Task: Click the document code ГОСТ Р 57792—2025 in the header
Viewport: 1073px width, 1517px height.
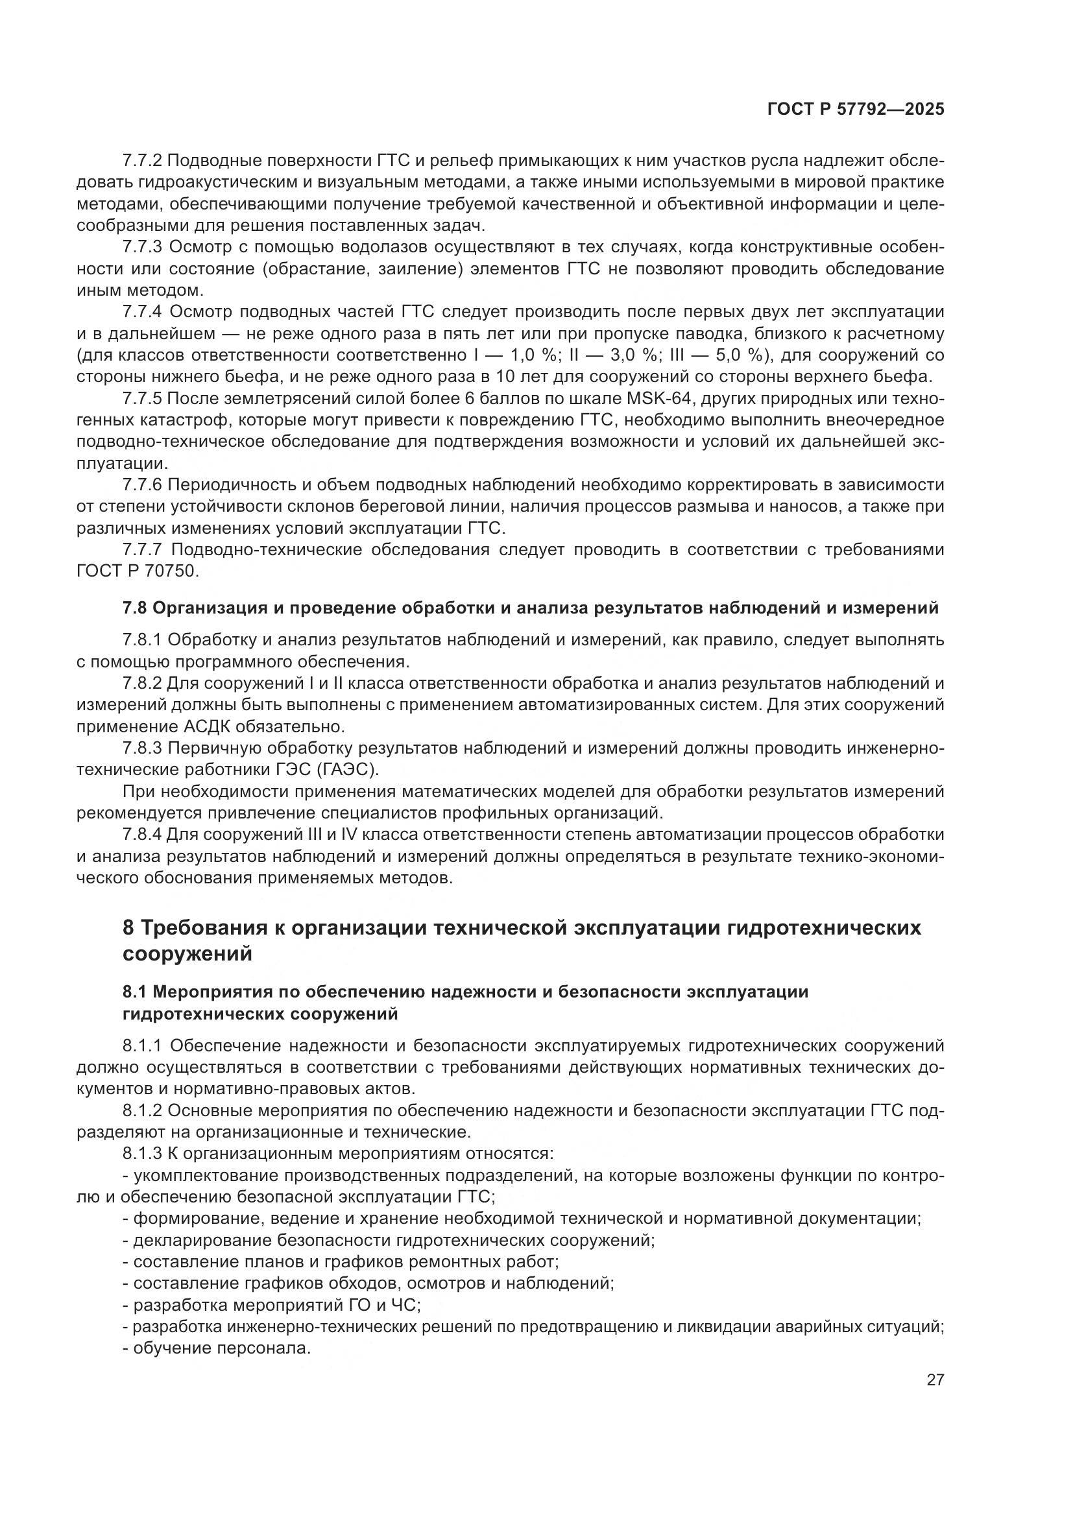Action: [x=856, y=110]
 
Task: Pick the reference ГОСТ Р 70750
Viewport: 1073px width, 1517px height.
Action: [x=138, y=571]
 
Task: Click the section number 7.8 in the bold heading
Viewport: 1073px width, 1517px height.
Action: [x=135, y=608]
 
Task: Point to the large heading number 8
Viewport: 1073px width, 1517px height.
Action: [x=129, y=927]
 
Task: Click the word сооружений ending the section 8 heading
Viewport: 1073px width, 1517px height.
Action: [x=187, y=954]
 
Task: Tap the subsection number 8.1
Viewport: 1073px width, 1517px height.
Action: [x=136, y=992]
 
